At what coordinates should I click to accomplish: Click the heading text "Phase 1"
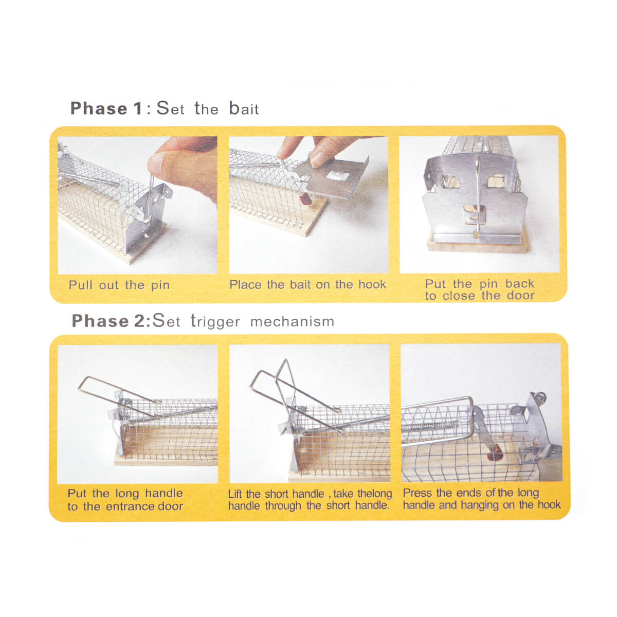(x=106, y=108)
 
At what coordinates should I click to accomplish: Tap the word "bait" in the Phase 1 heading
(x=244, y=108)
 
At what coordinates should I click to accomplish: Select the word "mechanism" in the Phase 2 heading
(x=292, y=321)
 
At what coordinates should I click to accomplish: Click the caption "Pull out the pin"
(x=119, y=285)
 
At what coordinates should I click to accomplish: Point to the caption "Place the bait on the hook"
(x=307, y=284)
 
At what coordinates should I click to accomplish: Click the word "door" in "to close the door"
(x=521, y=296)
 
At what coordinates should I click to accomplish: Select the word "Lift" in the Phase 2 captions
(x=235, y=494)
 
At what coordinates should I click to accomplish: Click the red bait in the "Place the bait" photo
(x=305, y=198)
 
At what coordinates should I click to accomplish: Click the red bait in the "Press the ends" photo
(x=495, y=455)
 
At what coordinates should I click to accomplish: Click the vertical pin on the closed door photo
(x=478, y=196)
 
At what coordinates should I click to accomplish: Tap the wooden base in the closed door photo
(x=477, y=245)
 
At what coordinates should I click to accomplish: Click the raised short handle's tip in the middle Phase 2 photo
(x=285, y=360)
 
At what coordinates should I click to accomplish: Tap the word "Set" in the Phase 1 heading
(x=170, y=108)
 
